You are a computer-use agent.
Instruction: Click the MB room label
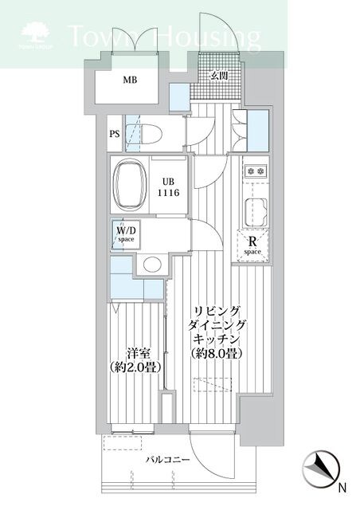tap(129, 80)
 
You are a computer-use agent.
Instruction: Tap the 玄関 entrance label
tap(220, 76)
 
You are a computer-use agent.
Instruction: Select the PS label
tap(115, 134)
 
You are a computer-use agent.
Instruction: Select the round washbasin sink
tap(151, 265)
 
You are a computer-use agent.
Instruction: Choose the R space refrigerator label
tap(253, 245)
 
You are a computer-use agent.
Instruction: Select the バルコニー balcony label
tap(167, 460)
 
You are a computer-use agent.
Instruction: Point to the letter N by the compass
tap(342, 487)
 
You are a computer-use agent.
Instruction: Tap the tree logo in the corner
tap(37, 33)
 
